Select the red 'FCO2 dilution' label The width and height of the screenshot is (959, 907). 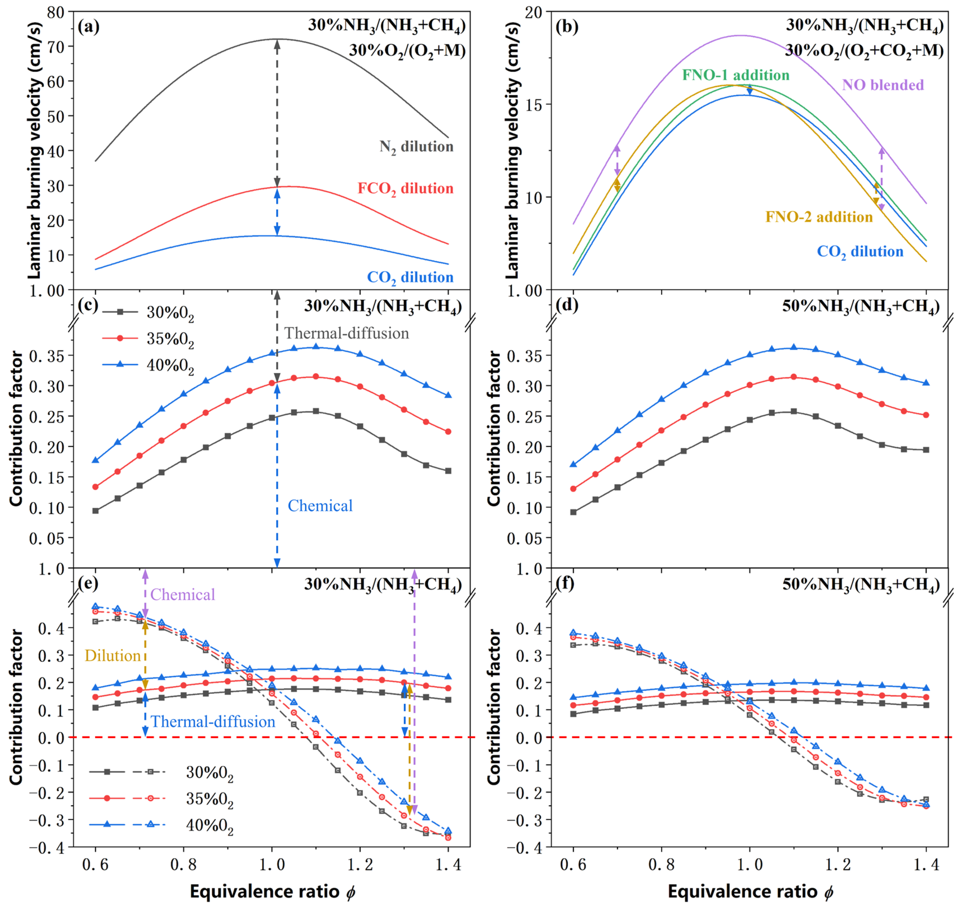coord(405,189)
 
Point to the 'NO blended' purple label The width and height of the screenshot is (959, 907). coord(883,85)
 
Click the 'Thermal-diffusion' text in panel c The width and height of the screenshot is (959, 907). coord(346,333)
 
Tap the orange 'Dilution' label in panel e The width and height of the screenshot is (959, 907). coord(113,656)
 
